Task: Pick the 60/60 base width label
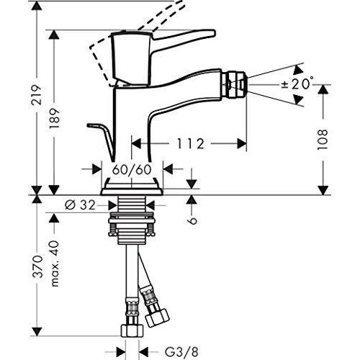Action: pyautogui.click(x=132, y=170)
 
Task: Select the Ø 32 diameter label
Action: pyautogui.click(x=78, y=204)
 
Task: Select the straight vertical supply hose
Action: pyautogui.click(x=131, y=274)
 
